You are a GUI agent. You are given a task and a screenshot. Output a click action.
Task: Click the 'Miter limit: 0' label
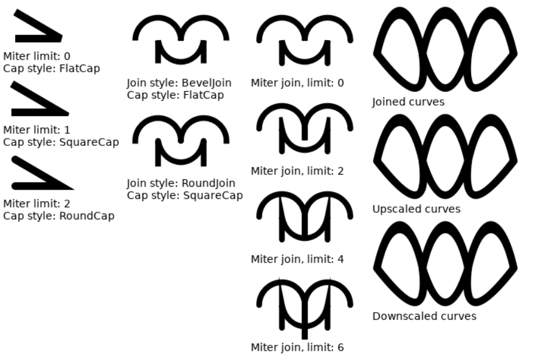click(x=36, y=57)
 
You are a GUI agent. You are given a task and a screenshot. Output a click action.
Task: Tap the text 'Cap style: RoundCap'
click(x=58, y=216)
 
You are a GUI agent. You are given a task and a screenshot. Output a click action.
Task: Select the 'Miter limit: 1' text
click(x=36, y=130)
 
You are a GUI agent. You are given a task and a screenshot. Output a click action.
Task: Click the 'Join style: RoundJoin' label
click(x=181, y=183)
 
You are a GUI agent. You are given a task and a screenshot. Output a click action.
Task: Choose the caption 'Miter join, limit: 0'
click(x=297, y=83)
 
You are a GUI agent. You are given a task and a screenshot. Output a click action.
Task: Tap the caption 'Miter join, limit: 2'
click(x=297, y=171)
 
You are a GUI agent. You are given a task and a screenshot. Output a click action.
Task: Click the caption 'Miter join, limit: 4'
click(x=297, y=260)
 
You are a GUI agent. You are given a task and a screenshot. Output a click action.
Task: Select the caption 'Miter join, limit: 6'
click(x=297, y=348)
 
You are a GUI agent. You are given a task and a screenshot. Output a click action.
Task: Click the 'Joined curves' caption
click(x=408, y=102)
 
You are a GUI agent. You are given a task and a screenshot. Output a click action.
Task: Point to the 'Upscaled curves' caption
click(x=416, y=209)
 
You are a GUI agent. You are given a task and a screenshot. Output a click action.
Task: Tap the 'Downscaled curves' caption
click(x=424, y=316)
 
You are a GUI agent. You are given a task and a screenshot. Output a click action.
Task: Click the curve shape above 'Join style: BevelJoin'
click(x=181, y=40)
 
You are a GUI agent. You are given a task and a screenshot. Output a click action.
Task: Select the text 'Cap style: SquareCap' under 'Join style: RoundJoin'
click(x=185, y=196)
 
